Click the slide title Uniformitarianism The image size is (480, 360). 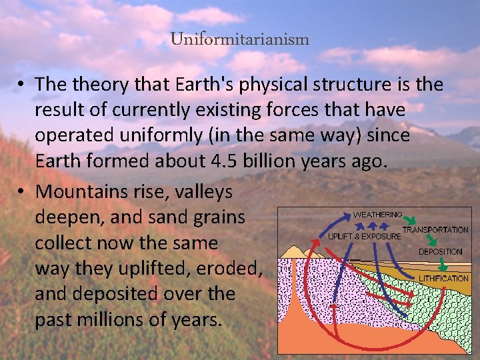239,39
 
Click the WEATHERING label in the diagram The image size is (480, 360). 377,215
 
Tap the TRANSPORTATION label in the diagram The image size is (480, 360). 435,230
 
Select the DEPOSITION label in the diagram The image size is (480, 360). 440,252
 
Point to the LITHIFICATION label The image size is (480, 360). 443,278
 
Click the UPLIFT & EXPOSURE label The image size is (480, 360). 363,236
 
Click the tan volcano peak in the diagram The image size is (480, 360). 294,251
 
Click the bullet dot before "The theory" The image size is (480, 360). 22,85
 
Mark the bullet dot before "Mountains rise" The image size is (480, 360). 22,193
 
